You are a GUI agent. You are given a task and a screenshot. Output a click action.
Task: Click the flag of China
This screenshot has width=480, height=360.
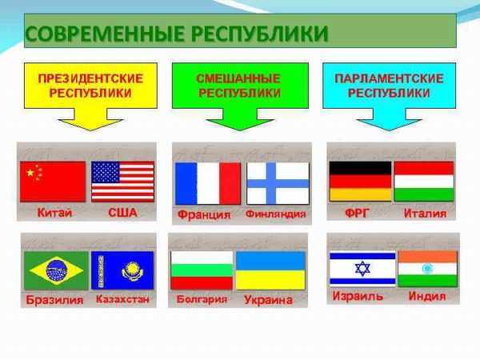(x=53, y=182)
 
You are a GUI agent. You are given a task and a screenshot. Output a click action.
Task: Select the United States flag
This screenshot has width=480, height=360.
(x=122, y=182)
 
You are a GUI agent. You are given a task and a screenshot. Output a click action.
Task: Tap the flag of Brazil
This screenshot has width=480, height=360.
(x=56, y=270)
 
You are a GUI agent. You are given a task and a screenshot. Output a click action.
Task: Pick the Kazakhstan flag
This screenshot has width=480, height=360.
(x=122, y=270)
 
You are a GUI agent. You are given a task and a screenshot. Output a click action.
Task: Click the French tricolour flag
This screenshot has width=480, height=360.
(x=207, y=183)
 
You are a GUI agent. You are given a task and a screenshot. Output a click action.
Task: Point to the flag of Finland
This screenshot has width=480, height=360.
(x=277, y=183)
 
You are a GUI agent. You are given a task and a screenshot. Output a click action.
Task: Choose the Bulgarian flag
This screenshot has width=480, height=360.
(x=202, y=270)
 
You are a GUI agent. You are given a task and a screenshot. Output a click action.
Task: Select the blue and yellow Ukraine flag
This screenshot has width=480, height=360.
(x=270, y=270)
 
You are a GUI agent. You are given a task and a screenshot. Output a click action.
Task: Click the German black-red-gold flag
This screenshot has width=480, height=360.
(x=360, y=181)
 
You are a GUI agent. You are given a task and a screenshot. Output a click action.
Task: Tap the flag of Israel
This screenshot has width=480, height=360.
(x=362, y=269)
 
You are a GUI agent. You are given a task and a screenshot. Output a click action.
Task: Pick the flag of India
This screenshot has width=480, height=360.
(x=427, y=269)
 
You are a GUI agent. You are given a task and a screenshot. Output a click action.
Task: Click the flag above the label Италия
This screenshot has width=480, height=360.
(x=423, y=181)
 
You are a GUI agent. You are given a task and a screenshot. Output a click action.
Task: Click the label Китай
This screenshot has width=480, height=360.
(x=54, y=213)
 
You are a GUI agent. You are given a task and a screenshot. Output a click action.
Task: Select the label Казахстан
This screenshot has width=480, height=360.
(x=122, y=300)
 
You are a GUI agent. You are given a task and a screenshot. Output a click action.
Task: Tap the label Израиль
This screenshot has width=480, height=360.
(x=358, y=297)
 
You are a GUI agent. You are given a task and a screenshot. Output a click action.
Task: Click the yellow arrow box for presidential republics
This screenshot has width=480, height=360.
(x=90, y=88)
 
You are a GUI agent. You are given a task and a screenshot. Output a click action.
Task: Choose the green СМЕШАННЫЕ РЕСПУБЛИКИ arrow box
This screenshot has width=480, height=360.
(x=238, y=88)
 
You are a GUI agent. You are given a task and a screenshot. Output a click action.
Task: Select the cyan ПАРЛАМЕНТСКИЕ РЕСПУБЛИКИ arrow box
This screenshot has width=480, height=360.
(x=388, y=88)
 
